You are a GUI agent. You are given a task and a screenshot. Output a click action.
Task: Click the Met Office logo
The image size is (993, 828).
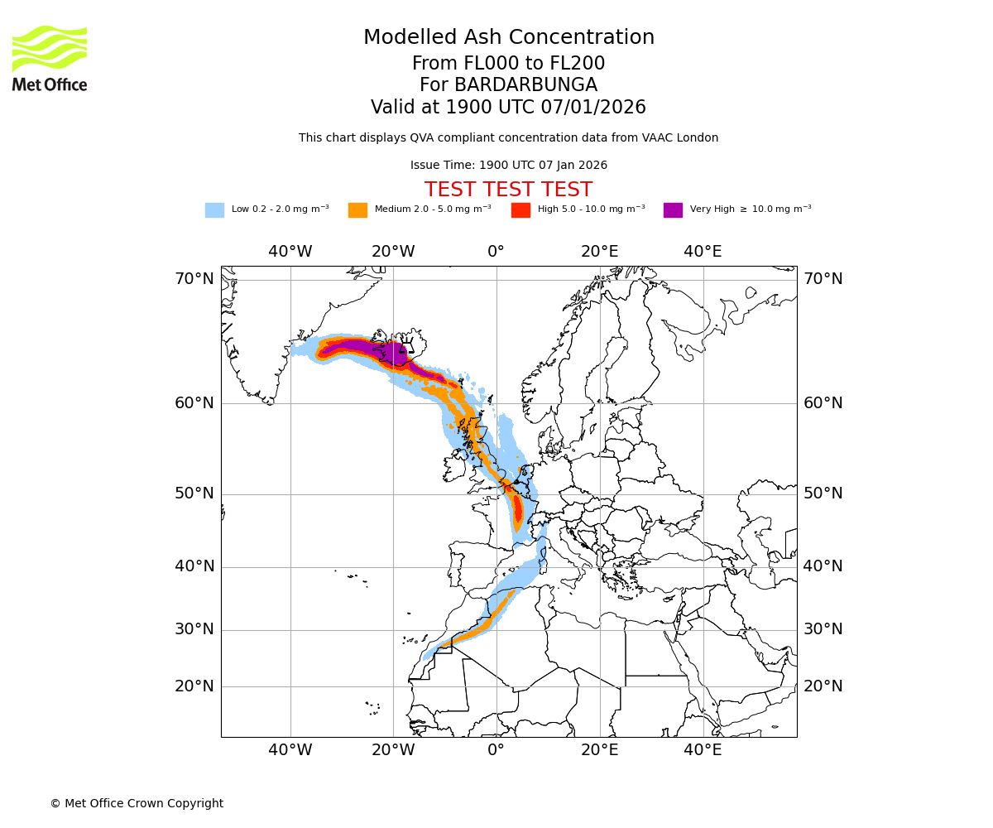(x=50, y=58)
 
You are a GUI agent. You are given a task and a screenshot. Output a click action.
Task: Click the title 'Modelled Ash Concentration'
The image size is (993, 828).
(x=508, y=38)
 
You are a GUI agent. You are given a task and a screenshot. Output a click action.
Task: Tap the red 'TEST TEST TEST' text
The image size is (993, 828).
(x=508, y=190)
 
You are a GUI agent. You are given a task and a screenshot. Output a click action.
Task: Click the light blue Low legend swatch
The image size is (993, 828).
(x=214, y=210)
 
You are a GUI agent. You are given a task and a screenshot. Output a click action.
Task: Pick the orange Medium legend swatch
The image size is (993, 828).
(x=357, y=210)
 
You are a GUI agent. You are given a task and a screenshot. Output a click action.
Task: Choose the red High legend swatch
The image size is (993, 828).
(x=520, y=210)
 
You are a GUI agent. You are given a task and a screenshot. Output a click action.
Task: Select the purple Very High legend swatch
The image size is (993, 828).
(x=673, y=210)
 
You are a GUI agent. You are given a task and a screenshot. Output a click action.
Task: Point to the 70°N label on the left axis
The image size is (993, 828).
(x=194, y=279)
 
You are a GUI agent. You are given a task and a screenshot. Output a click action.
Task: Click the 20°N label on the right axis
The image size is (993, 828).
(x=823, y=686)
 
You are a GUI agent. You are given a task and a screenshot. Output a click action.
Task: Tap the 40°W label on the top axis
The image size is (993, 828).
(x=290, y=252)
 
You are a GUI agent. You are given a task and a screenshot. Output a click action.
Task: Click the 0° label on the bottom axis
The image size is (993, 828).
(x=496, y=750)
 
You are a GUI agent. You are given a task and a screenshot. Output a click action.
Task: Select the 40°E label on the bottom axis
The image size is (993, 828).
(x=703, y=750)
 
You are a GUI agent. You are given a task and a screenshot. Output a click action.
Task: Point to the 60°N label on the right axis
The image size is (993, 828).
(x=823, y=403)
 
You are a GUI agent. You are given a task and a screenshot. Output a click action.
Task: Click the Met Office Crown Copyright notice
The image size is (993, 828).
(x=137, y=804)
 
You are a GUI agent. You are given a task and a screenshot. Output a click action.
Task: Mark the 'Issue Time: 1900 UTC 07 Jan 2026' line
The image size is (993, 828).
(x=508, y=166)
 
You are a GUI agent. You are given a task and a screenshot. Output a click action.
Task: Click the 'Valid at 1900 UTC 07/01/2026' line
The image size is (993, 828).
(x=508, y=108)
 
